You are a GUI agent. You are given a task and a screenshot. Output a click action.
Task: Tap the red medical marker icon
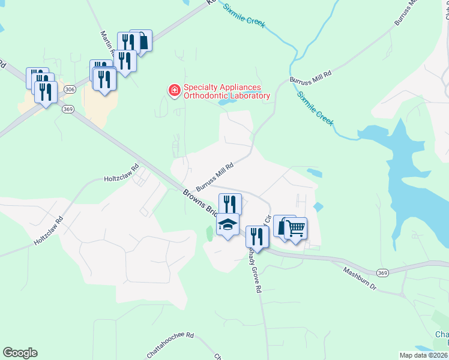point(174,91)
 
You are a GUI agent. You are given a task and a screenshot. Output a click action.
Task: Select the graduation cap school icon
point(228,224)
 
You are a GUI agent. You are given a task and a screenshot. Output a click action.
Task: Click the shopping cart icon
point(295,227)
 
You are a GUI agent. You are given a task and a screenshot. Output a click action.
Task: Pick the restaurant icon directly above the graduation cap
point(230,204)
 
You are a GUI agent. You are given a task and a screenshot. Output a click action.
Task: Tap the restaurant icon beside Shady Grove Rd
point(257,236)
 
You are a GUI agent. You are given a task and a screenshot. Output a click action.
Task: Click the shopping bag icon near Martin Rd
point(143,41)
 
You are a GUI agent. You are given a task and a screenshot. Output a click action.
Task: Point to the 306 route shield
point(69,88)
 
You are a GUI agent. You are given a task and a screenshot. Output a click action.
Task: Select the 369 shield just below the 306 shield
point(67,109)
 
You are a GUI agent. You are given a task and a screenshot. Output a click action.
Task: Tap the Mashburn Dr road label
point(360,279)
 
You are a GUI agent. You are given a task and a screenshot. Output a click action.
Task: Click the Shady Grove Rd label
point(255,269)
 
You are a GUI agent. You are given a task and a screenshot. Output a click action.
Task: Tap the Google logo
point(20,353)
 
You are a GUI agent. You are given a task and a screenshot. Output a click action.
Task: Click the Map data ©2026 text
point(424,355)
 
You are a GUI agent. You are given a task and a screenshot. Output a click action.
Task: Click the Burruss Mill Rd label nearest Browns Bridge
point(214,173)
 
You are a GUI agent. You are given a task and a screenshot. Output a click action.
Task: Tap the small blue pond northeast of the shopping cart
point(318,208)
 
